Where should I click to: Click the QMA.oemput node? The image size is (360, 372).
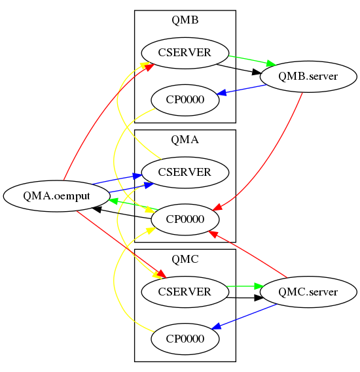[56, 195]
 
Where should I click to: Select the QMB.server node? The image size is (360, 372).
[308, 76]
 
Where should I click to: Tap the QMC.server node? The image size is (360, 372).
[308, 292]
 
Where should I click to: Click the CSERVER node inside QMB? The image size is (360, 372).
[185, 53]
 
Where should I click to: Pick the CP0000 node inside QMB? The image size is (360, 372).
[185, 100]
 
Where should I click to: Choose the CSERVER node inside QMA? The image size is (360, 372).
[185, 173]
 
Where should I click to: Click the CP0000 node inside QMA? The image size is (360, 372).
[185, 220]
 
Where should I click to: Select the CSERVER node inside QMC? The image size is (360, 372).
[185, 292]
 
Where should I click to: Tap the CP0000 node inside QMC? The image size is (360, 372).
[185, 339]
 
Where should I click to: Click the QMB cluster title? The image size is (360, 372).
[185, 20]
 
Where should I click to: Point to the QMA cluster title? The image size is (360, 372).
[185, 139]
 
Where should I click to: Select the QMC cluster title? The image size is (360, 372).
[185, 259]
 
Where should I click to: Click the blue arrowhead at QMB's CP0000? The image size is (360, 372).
[222, 93]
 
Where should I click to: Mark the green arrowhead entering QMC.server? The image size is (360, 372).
[258, 286]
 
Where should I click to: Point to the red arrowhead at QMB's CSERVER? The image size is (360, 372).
[150, 66]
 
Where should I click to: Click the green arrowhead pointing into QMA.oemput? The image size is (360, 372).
[113, 200]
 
